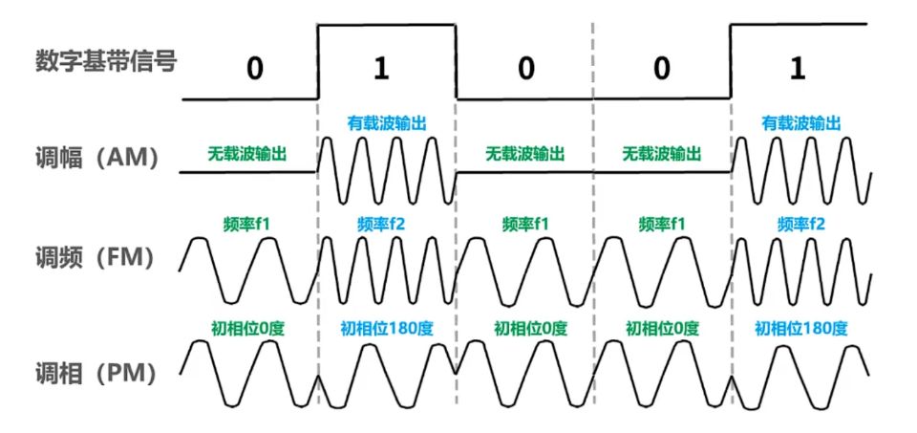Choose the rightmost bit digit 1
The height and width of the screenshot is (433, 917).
(798, 71)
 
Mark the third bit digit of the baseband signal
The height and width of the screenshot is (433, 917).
(524, 71)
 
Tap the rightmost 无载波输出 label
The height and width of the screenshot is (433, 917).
(661, 153)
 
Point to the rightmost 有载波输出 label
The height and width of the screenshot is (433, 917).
(800, 122)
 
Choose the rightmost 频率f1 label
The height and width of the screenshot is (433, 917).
(661, 224)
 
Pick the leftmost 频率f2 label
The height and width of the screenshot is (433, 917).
(386, 224)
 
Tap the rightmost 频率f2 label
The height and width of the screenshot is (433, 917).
(800, 224)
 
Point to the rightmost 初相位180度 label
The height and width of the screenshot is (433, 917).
(800, 328)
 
